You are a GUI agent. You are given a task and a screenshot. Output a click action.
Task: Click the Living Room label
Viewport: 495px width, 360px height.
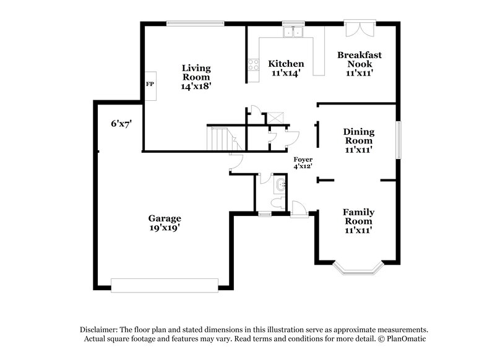197,77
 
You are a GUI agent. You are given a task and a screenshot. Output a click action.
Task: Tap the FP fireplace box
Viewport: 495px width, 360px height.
150,84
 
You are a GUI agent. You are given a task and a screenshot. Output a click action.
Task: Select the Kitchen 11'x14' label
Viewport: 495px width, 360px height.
286,68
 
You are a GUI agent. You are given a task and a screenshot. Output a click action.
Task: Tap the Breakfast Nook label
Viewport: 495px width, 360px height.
359,64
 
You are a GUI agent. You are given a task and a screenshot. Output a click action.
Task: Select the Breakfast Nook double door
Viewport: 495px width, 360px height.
359,29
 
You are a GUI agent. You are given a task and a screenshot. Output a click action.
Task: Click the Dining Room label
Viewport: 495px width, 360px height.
361,140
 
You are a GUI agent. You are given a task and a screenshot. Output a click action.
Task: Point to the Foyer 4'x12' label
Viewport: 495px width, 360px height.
303,163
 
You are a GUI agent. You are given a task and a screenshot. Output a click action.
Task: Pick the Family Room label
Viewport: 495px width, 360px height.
359,221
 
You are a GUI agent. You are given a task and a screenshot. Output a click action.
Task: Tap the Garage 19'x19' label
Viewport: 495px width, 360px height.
164,223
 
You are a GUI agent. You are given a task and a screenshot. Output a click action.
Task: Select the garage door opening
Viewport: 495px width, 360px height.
165,285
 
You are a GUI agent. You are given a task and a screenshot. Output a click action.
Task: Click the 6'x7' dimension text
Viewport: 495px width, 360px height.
121,124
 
